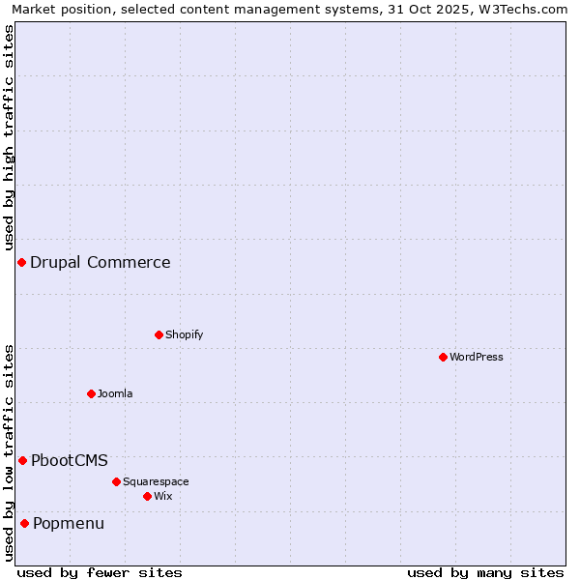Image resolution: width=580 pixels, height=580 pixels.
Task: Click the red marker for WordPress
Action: pyautogui.click(x=443, y=357)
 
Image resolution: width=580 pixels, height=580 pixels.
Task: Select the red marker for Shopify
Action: pyautogui.click(x=159, y=334)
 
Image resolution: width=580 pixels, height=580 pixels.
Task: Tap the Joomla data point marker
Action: pyautogui.click(x=91, y=393)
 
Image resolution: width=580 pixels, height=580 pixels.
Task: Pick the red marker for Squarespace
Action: pyautogui.click(x=116, y=481)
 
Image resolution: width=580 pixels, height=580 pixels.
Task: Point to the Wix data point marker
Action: pyautogui.click(x=147, y=496)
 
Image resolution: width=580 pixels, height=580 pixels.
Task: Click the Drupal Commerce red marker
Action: pyautogui.click(x=21, y=262)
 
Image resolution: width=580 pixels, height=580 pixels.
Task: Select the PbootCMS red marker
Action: pyautogui.click(x=22, y=460)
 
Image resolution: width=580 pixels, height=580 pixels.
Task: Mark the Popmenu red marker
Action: pyautogui.click(x=24, y=523)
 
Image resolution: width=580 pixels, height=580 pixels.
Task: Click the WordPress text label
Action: pyautogui.click(x=477, y=357)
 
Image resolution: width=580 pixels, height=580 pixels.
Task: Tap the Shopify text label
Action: pyautogui.click(x=185, y=334)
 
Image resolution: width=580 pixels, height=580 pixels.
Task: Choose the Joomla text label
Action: pyautogui.click(x=115, y=393)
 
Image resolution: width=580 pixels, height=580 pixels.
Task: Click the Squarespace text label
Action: pyautogui.click(x=156, y=481)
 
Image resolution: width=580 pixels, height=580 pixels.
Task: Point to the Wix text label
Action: pyautogui.click(x=163, y=496)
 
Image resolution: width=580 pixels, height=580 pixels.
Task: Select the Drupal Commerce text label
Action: pyautogui.click(x=101, y=262)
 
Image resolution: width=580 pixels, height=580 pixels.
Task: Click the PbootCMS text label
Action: pyautogui.click(x=70, y=460)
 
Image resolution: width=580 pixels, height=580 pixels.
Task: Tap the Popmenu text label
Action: pyautogui.click(x=69, y=523)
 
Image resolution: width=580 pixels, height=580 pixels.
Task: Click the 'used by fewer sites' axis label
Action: pyautogui.click(x=100, y=572)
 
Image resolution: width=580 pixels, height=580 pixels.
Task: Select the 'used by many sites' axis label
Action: pyautogui.click(x=485, y=572)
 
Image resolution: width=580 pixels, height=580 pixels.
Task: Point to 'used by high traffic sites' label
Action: pyautogui.click(x=9, y=137)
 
